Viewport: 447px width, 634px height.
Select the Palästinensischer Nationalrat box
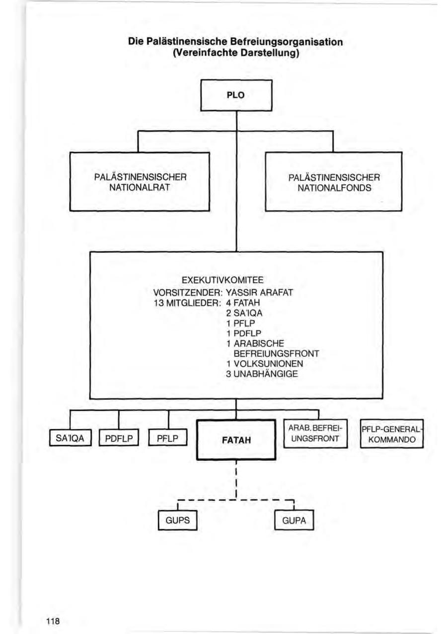click(x=140, y=182)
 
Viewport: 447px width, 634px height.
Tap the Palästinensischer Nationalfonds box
click(x=333, y=182)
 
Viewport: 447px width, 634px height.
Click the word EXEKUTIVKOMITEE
click(x=236, y=281)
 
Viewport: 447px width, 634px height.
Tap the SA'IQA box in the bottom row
click(x=70, y=438)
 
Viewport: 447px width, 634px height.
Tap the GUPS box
click(x=174, y=521)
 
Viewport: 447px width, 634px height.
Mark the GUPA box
click(x=294, y=521)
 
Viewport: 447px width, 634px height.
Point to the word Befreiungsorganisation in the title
click(x=287, y=42)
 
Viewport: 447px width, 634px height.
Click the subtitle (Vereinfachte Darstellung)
click(x=235, y=53)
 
